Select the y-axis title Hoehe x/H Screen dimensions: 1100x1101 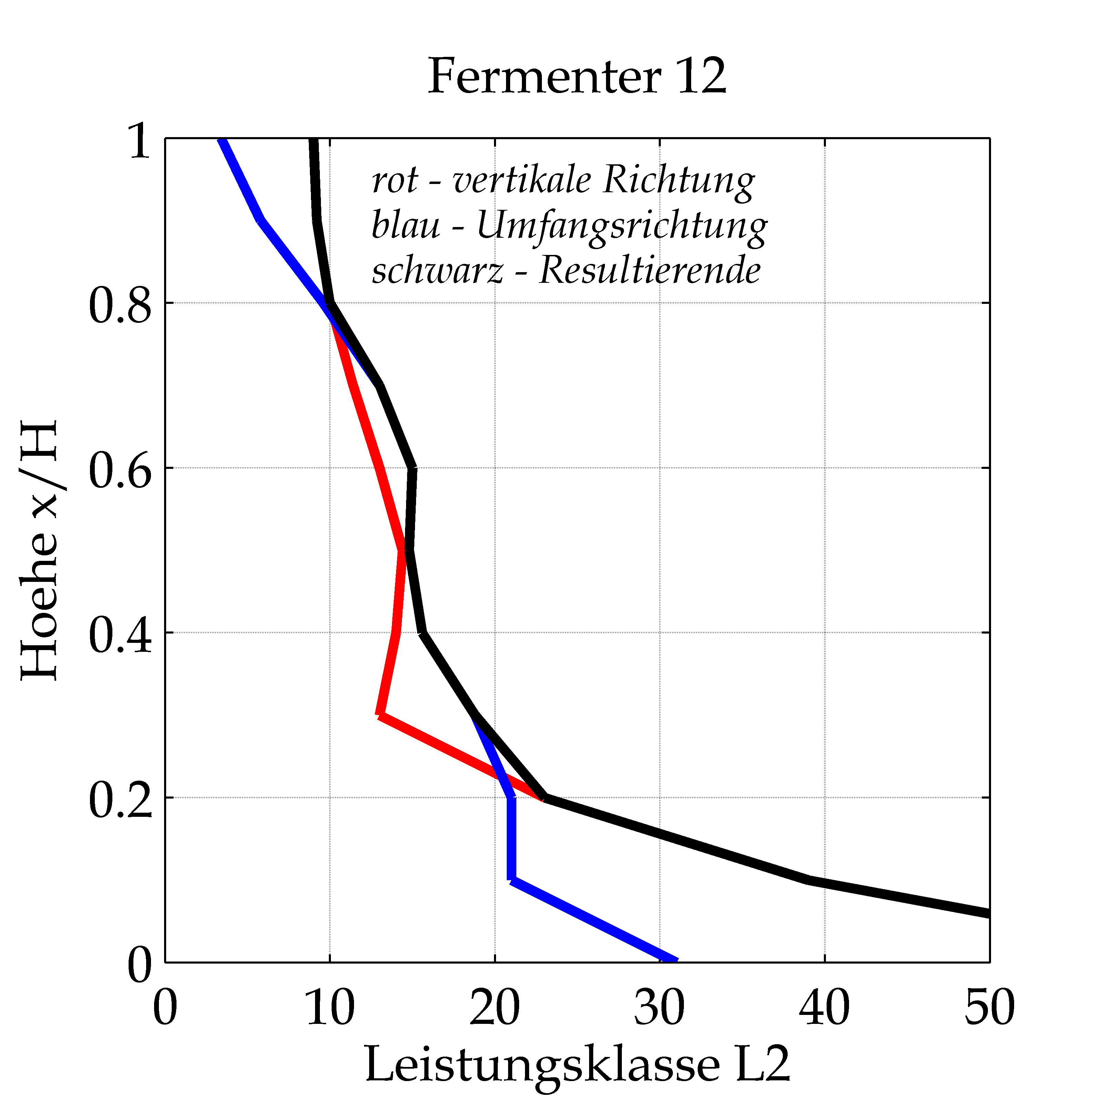pos(39,550)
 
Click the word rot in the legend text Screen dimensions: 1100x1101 pos(394,181)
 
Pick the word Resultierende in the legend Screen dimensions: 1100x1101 pos(650,270)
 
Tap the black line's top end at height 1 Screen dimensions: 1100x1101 pos(313,140)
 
